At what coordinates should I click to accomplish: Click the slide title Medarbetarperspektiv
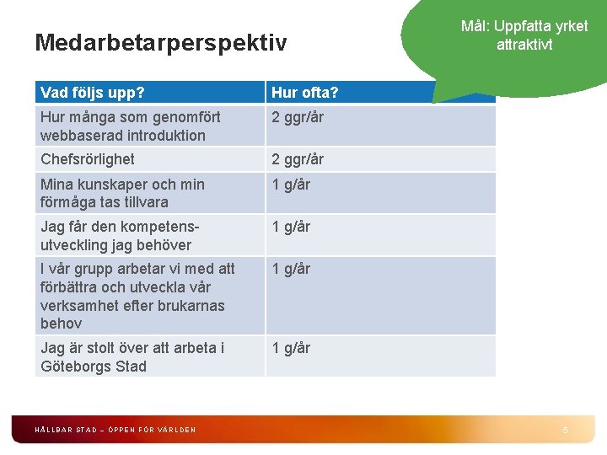click(x=161, y=41)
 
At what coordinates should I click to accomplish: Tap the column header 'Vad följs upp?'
click(x=92, y=91)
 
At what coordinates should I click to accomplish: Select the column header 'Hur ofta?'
click(x=304, y=91)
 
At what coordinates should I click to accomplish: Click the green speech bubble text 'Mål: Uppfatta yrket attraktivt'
click(x=524, y=35)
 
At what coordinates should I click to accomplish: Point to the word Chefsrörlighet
click(x=88, y=158)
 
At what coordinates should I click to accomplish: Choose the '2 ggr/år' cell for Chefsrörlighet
click(x=298, y=158)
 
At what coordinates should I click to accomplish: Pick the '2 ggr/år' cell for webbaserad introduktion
click(x=298, y=117)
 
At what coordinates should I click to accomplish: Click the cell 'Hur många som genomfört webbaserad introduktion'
click(x=131, y=126)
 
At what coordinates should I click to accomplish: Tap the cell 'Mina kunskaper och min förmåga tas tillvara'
click(x=122, y=193)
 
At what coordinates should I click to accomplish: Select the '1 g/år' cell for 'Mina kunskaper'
click(x=291, y=185)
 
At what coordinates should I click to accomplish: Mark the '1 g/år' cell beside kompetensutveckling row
click(x=291, y=227)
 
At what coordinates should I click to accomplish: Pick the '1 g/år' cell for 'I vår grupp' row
click(x=291, y=269)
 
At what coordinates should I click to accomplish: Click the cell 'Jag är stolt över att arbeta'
click(x=132, y=356)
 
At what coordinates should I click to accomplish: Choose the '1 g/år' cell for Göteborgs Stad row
click(x=291, y=347)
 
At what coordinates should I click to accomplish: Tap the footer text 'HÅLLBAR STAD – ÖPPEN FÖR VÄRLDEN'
click(x=115, y=430)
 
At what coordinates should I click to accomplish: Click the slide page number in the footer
click(x=566, y=430)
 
